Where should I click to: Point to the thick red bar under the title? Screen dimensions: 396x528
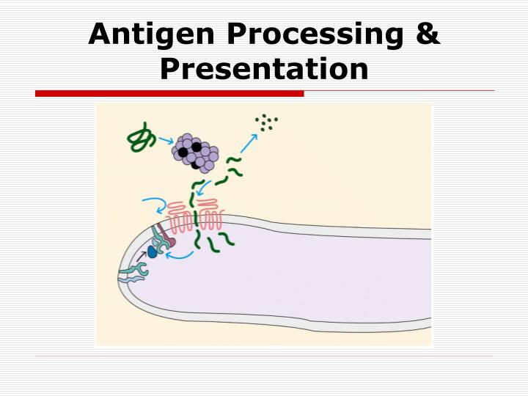(x=169, y=94)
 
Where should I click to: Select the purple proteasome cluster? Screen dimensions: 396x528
(x=196, y=153)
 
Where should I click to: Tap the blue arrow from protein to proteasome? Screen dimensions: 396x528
(x=166, y=139)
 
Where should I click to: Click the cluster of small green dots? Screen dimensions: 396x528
(x=265, y=122)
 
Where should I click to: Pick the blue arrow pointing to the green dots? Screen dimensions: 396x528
(x=249, y=142)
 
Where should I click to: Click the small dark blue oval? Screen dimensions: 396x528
(x=153, y=252)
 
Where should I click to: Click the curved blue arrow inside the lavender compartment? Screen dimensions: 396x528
(x=180, y=256)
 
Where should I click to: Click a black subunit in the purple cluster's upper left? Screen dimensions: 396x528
(x=183, y=152)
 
